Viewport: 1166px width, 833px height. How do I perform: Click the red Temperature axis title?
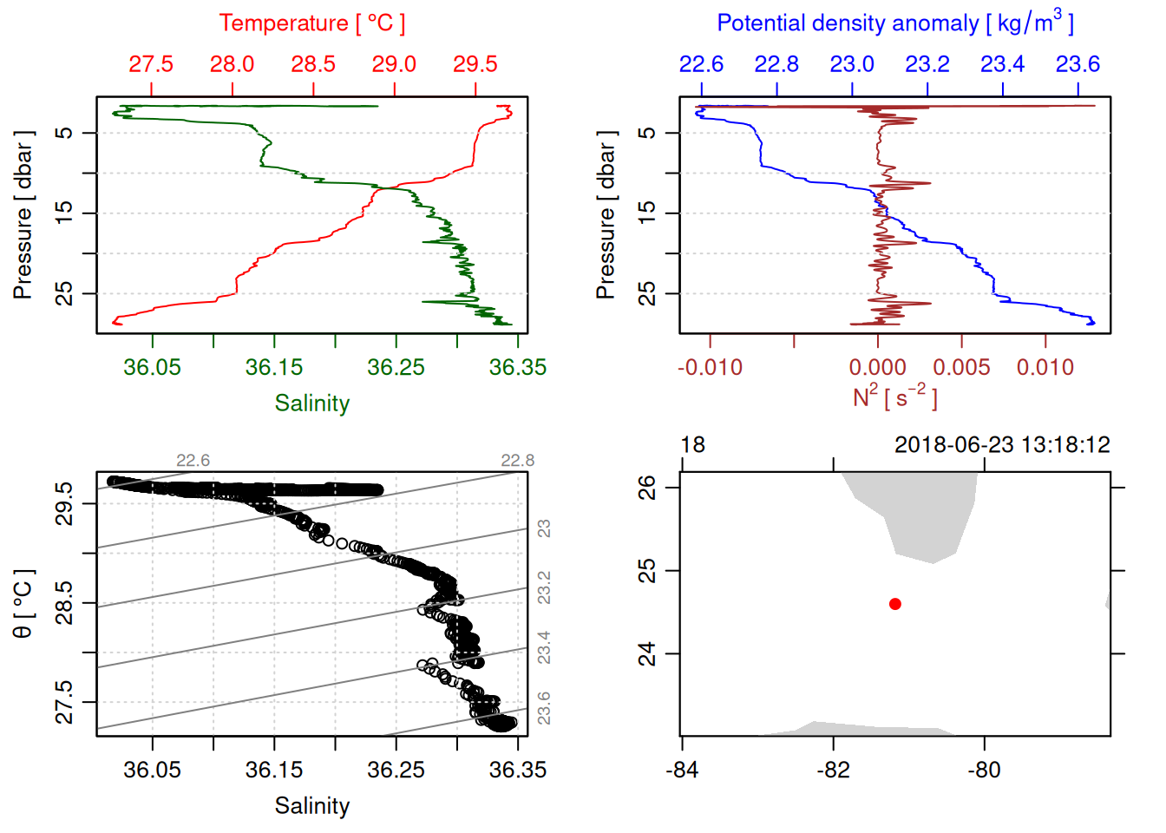coord(311,23)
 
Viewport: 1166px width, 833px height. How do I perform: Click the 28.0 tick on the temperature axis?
coord(232,64)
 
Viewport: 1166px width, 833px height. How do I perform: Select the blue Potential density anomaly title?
coord(894,23)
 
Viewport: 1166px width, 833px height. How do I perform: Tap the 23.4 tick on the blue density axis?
coord(1002,64)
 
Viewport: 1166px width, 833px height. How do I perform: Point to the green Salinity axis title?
coord(311,403)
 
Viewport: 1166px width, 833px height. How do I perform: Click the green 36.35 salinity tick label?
coord(517,367)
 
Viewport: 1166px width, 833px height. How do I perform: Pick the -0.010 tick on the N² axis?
coord(710,367)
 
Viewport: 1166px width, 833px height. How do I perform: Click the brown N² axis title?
coord(894,397)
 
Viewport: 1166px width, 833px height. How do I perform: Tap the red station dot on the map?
coord(894,604)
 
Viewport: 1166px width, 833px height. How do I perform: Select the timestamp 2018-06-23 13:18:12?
coord(1002,445)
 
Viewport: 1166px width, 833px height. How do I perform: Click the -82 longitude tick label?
coord(833,770)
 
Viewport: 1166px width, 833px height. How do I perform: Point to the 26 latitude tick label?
coord(647,487)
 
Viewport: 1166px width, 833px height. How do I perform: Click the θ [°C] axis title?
coord(23,604)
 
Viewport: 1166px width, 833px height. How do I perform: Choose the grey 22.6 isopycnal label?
coord(193,461)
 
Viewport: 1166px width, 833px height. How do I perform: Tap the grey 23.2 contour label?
coord(544,587)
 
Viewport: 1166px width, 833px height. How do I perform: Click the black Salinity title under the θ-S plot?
coord(311,806)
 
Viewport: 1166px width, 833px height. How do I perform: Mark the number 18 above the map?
coord(692,445)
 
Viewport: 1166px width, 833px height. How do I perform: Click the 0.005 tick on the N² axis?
coord(961,367)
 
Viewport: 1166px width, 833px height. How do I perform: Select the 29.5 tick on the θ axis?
coord(65,503)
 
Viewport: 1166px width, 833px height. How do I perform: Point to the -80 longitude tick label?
coord(984,770)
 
